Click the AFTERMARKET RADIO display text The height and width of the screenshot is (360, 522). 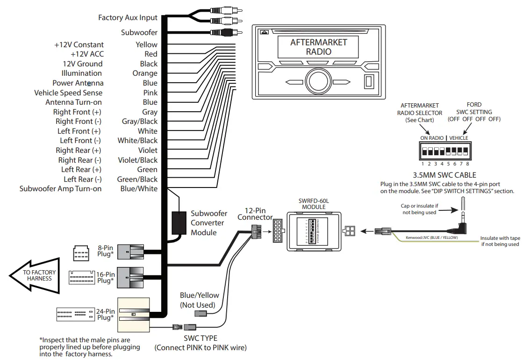pos(318,47)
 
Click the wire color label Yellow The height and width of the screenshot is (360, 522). pos(146,44)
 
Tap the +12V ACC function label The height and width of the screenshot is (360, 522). pos(87,54)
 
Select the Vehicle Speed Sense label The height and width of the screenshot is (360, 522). pos(68,93)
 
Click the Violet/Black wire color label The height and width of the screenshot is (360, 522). pos(137,160)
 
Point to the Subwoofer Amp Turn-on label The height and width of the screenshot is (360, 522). pos(60,189)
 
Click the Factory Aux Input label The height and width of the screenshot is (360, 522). pos(128,18)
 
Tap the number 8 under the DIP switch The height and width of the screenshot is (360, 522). pos(467,164)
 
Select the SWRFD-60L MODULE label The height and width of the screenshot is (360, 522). pos(314,204)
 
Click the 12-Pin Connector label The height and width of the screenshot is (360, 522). pos(255,214)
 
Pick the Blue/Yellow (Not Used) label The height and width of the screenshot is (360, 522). pos(199,300)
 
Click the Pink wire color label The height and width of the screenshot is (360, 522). pos(150,93)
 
